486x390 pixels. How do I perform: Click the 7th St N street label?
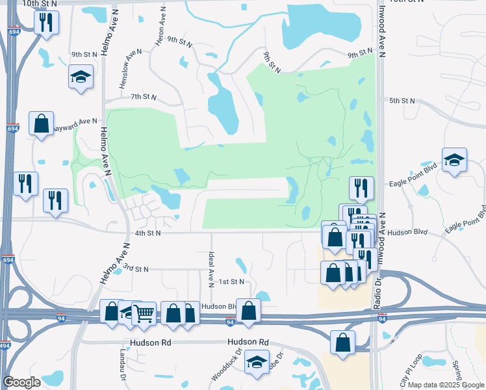click(x=144, y=97)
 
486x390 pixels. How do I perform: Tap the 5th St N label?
click(x=402, y=101)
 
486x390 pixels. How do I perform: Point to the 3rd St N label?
click(x=136, y=268)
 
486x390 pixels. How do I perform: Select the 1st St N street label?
click(x=231, y=281)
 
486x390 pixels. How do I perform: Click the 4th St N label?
click(x=147, y=233)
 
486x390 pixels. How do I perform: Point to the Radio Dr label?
click(x=376, y=291)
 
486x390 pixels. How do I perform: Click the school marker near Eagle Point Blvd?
click(x=454, y=159)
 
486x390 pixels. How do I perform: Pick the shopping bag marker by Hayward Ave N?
click(x=41, y=123)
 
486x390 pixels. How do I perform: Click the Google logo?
click(x=22, y=382)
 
